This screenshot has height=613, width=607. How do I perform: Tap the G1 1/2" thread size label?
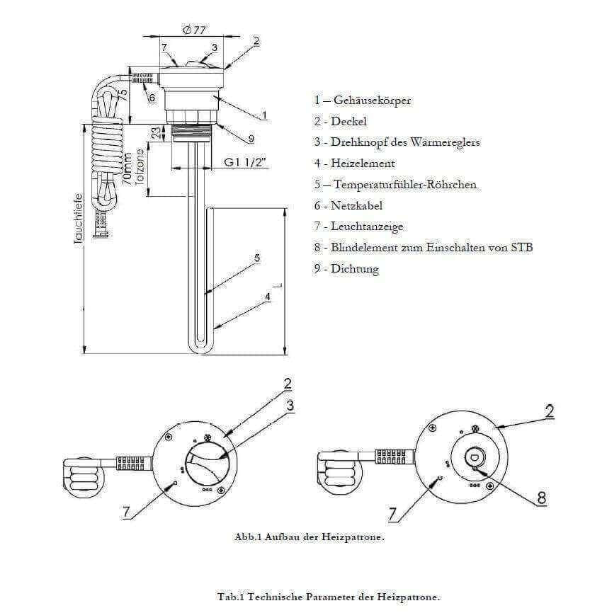click(x=246, y=162)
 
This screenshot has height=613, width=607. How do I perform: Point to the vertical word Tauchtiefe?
click(x=78, y=219)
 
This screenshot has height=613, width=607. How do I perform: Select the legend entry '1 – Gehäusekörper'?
click(x=363, y=101)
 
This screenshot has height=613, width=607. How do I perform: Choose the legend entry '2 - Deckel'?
click(x=341, y=122)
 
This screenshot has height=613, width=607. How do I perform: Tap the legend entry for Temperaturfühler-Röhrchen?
click(x=395, y=185)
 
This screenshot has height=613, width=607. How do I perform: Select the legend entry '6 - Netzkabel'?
click(x=348, y=206)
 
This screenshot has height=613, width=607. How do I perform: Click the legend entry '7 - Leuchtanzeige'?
click(x=358, y=227)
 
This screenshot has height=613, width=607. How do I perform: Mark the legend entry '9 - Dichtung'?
click(x=346, y=269)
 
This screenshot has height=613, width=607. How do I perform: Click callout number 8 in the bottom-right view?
click(x=541, y=498)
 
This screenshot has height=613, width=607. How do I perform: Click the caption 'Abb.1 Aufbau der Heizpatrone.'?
click(x=310, y=537)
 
